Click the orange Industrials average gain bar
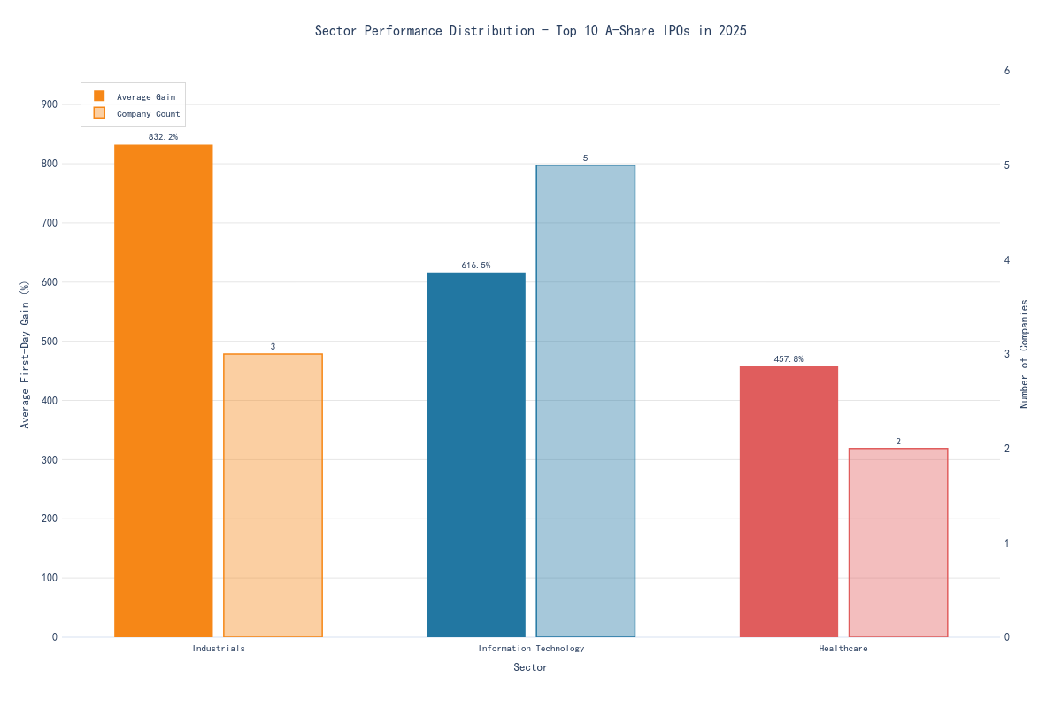(164, 390)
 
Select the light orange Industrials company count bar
(273, 495)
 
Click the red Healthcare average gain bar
(789, 501)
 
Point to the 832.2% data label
(163, 137)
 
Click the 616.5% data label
(476, 265)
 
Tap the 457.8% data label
(789, 359)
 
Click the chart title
(531, 31)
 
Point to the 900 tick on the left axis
(49, 104)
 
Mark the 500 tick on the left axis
(49, 342)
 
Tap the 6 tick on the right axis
(1007, 71)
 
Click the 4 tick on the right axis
(1007, 260)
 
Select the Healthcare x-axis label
(843, 649)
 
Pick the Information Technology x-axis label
(531, 649)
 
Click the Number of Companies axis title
(1025, 353)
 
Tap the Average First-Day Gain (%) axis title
(25, 354)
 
